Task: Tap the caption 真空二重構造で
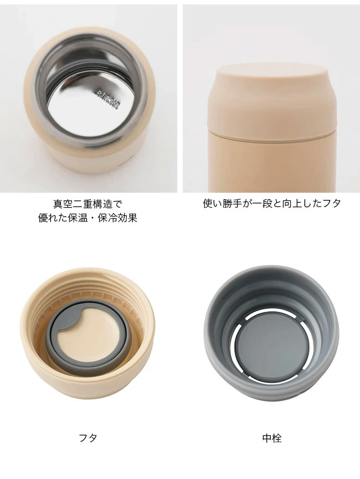(88, 204)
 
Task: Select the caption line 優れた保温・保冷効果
(88, 218)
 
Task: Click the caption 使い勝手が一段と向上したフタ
(272, 203)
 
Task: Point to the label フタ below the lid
(88, 438)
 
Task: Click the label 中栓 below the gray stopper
(272, 438)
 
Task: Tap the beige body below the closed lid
(272, 165)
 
